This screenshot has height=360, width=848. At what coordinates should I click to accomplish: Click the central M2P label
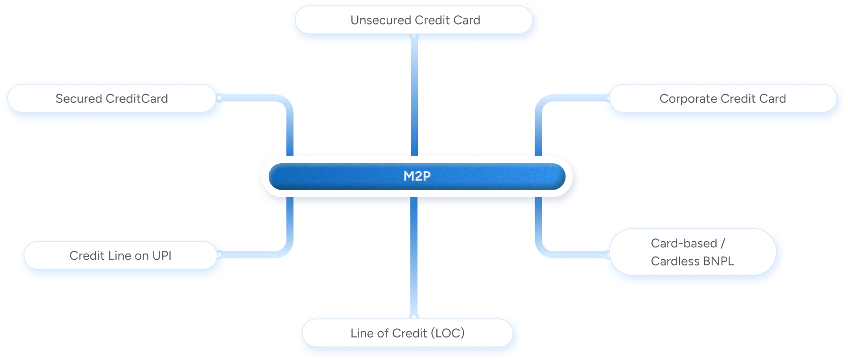click(417, 176)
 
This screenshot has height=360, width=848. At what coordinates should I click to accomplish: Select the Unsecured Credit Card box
click(415, 21)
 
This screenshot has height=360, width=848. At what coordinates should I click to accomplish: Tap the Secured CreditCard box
click(112, 99)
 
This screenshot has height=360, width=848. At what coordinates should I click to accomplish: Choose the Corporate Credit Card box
click(722, 99)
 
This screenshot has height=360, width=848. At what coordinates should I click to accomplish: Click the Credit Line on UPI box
click(120, 256)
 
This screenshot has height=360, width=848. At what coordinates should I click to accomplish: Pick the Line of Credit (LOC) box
click(408, 333)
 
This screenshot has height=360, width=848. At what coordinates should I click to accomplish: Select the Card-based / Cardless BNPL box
click(692, 252)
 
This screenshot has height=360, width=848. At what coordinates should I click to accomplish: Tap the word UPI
click(162, 256)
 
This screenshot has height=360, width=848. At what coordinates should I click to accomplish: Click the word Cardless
click(669, 261)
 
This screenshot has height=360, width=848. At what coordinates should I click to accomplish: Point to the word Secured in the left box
click(79, 99)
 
